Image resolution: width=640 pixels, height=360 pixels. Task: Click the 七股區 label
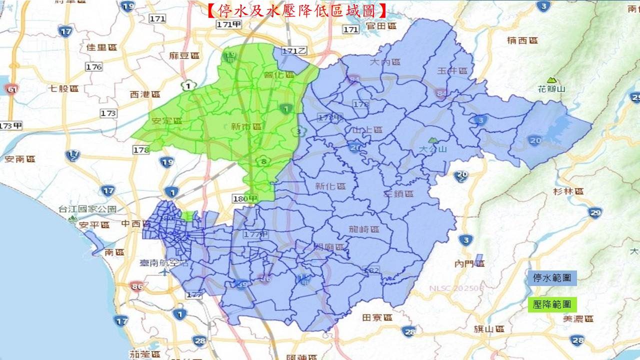(64, 88)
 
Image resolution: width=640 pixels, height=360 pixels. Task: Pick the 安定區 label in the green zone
(167, 121)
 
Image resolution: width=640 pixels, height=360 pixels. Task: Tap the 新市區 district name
(246, 127)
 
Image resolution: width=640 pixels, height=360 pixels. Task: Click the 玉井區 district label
(452, 71)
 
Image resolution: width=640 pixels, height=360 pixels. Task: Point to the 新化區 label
(330, 186)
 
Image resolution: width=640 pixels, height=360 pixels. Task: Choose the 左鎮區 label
(398, 193)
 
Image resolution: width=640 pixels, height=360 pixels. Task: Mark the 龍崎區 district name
(364, 229)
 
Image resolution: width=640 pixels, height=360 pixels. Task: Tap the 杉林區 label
(568, 191)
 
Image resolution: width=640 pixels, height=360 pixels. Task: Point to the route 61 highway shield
(10, 89)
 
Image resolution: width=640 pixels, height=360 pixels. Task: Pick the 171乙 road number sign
(294, 51)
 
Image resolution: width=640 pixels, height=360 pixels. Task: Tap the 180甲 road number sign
(245, 199)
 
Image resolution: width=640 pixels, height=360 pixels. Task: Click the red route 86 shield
(135, 286)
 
